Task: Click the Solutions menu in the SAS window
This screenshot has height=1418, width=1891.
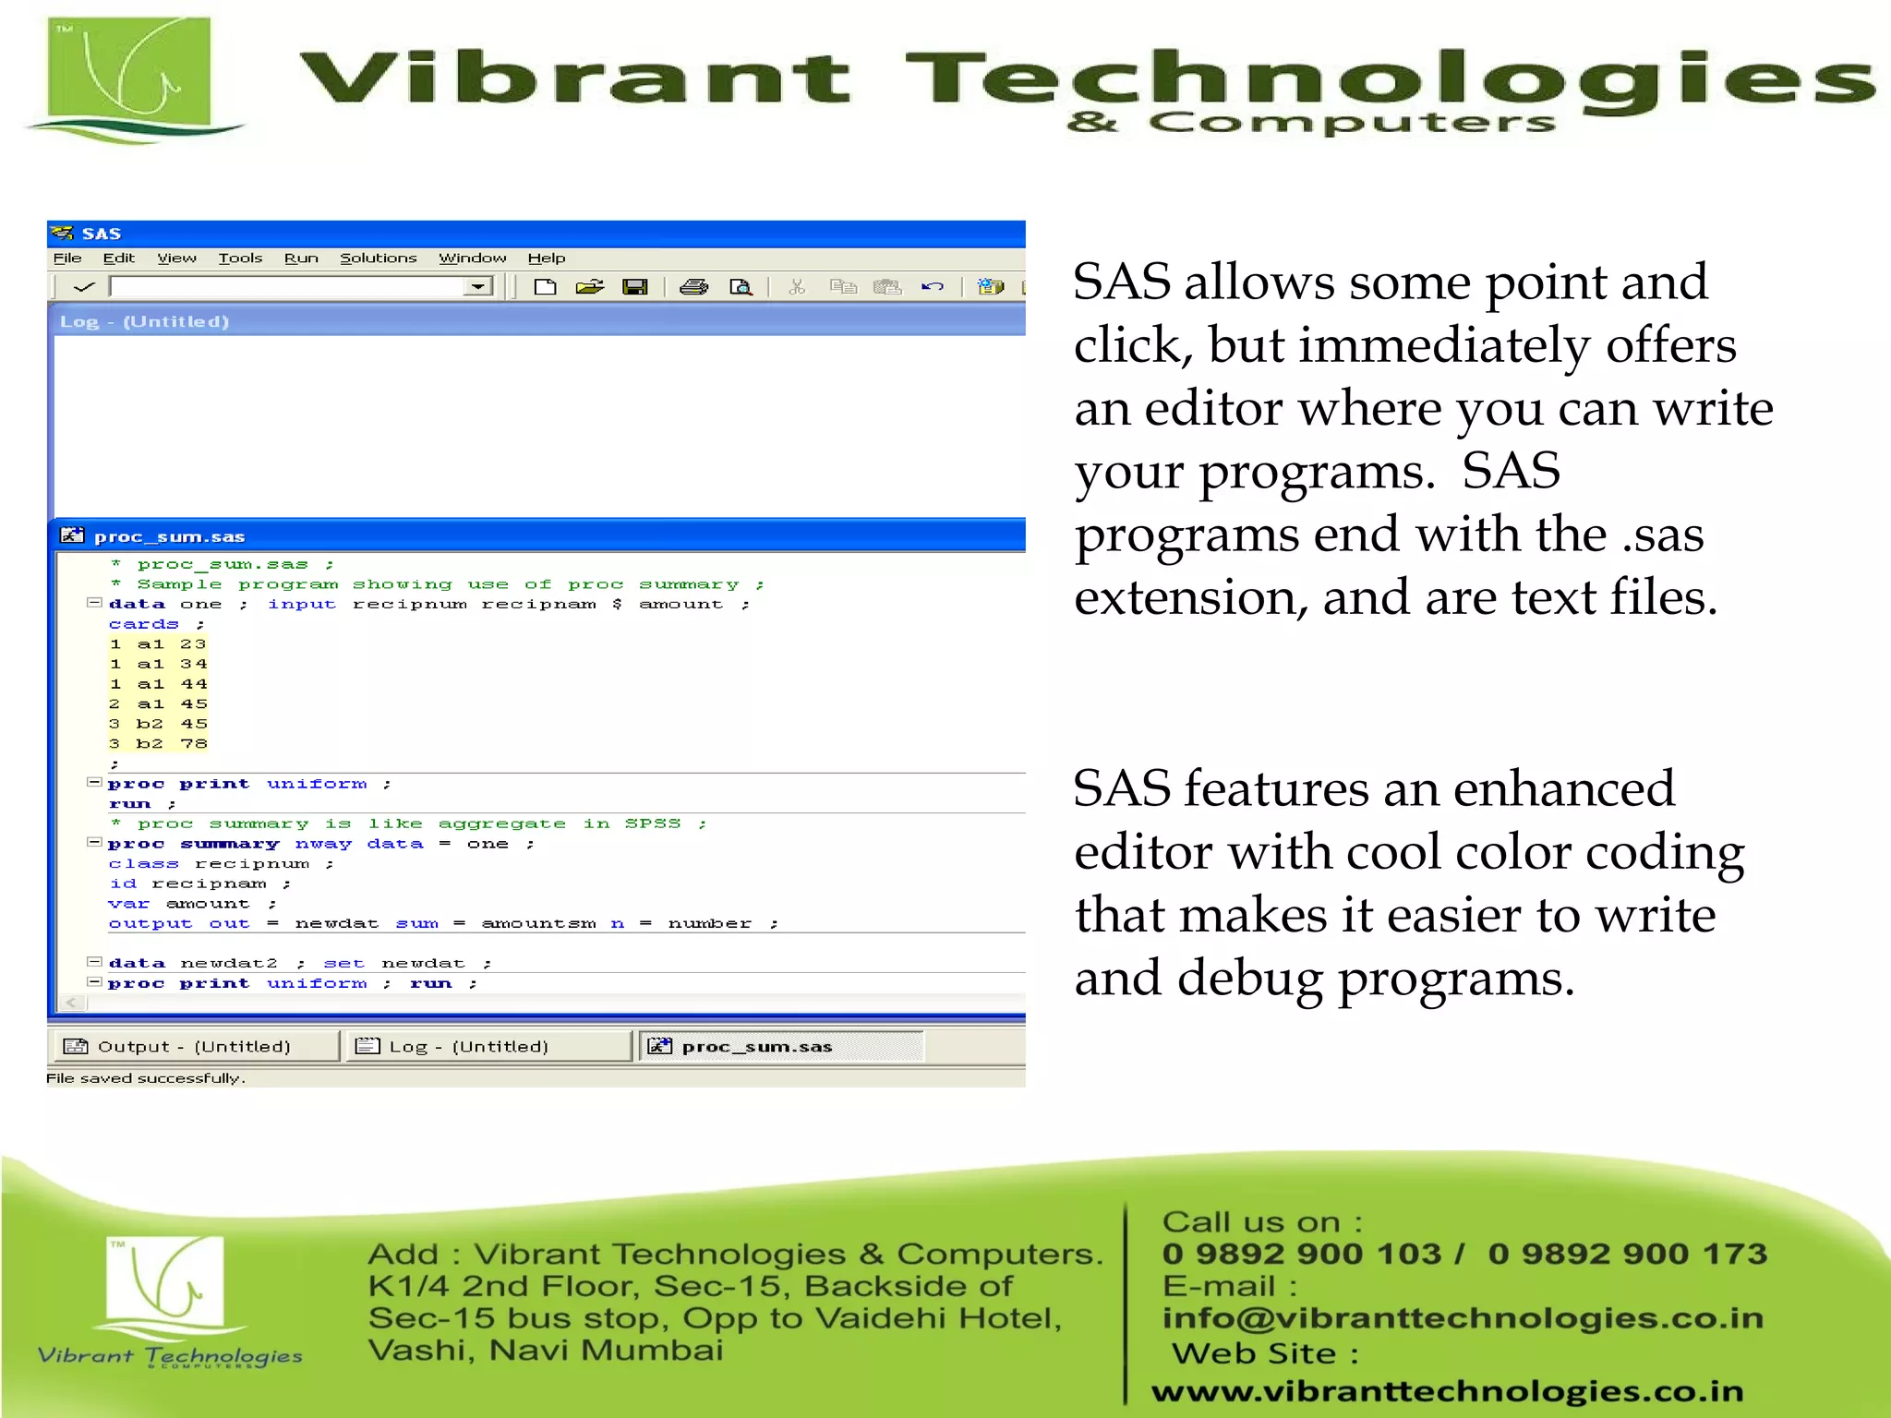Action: click(x=378, y=258)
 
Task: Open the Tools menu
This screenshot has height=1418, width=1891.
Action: click(x=240, y=258)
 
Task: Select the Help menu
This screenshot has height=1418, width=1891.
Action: click(x=546, y=258)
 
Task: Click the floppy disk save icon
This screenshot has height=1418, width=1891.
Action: click(x=635, y=287)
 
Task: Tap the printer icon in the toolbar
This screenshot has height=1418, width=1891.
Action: click(x=693, y=287)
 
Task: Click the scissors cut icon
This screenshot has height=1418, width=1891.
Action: click(x=797, y=287)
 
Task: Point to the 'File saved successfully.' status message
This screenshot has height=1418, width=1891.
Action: click(x=146, y=1078)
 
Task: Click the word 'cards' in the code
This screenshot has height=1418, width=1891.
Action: click(x=143, y=624)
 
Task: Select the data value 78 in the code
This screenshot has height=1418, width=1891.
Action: click(x=194, y=744)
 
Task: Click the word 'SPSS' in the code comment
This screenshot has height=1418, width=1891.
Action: click(x=652, y=823)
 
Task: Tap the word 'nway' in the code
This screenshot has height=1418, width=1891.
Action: click(x=323, y=844)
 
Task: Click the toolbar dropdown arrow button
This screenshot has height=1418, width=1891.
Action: click(x=477, y=287)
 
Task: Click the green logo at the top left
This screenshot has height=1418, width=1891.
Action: click(x=129, y=78)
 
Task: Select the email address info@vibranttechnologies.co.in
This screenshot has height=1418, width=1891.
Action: click(x=1463, y=1318)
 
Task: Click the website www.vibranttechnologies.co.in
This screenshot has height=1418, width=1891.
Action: click(x=1447, y=1391)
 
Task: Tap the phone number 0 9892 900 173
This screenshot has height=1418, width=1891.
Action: click(x=1627, y=1254)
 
